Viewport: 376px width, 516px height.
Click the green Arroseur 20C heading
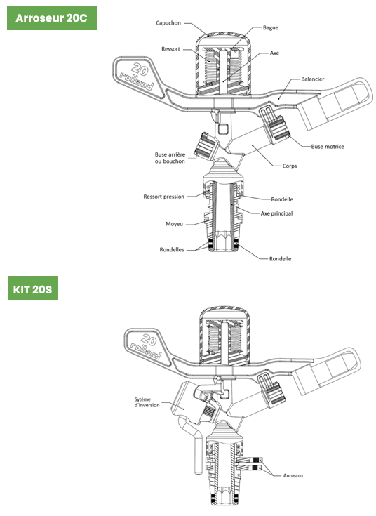(x=52, y=18)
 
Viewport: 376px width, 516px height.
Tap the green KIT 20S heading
(x=33, y=289)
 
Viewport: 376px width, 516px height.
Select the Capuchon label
(x=168, y=23)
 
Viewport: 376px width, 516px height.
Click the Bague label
(x=270, y=27)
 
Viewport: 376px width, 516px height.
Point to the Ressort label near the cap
(x=170, y=49)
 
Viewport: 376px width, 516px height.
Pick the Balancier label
(x=312, y=79)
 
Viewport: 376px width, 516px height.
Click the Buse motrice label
(x=328, y=147)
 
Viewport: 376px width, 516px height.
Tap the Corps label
(x=290, y=166)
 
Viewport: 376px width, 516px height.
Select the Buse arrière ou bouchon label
(x=170, y=158)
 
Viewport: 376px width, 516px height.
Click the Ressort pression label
(x=164, y=197)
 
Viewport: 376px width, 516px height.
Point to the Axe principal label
(x=276, y=213)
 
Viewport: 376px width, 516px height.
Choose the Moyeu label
(x=174, y=224)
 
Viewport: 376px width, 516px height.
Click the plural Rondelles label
(x=172, y=249)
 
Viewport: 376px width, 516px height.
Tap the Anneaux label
(x=293, y=475)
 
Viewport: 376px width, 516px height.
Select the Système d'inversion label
(x=147, y=402)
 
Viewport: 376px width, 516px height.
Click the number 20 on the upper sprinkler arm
(x=140, y=70)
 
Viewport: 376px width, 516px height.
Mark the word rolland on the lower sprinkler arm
(x=145, y=350)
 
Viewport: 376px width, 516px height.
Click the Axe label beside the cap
(x=274, y=53)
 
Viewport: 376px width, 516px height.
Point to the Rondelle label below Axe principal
(x=281, y=258)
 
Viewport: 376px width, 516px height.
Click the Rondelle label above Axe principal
(x=282, y=199)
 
